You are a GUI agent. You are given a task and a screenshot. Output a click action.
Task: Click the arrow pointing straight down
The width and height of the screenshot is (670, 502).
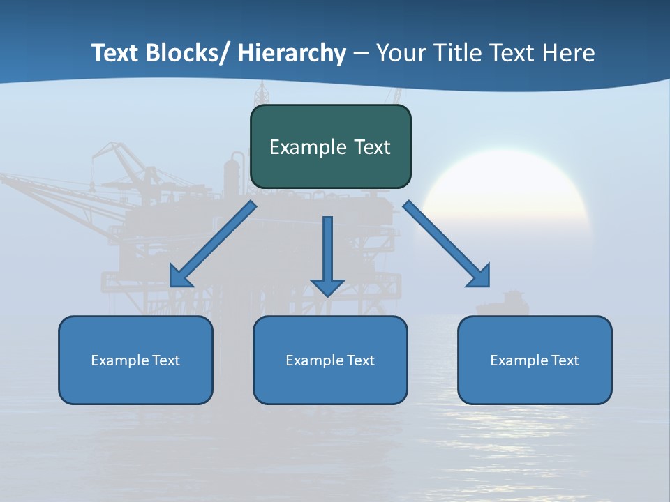(x=327, y=254)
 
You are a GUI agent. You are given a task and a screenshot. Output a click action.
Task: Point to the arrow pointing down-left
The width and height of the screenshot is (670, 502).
(x=213, y=244)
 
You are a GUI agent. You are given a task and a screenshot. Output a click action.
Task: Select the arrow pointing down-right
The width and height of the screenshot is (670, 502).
(x=447, y=244)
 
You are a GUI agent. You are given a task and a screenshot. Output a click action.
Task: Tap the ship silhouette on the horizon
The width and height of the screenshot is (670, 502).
(x=502, y=304)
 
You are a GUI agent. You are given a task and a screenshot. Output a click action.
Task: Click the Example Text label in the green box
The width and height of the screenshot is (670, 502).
(x=330, y=147)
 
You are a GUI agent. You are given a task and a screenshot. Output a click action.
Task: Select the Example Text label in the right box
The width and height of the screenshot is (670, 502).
(x=535, y=360)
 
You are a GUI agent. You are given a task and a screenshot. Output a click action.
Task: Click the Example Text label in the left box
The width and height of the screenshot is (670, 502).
(x=135, y=360)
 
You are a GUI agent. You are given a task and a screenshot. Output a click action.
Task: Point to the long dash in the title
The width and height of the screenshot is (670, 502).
(x=361, y=54)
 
